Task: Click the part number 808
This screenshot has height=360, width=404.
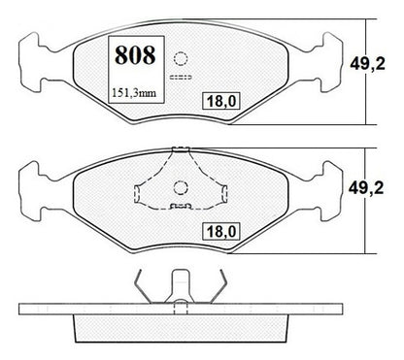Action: [135, 55]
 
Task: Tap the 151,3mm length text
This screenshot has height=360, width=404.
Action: [134, 93]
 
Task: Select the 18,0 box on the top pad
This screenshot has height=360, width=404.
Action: [221, 101]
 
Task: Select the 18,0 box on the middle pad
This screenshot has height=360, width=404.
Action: [221, 231]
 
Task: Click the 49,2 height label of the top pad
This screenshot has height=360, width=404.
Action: [367, 64]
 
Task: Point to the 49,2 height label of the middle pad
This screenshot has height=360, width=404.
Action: [366, 188]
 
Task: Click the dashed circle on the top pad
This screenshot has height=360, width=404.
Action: [181, 59]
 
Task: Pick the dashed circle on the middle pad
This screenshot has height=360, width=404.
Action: [181, 188]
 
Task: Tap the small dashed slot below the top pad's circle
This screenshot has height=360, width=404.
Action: [181, 78]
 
